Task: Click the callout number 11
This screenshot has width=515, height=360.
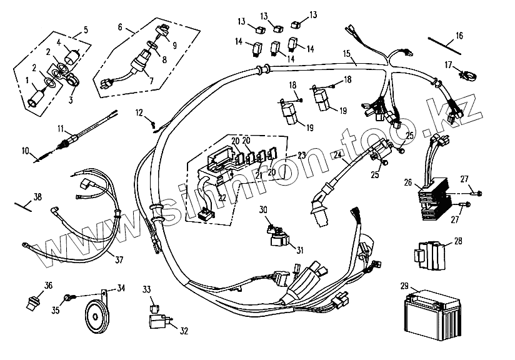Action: click(61, 129)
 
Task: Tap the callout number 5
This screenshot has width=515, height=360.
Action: click(85, 29)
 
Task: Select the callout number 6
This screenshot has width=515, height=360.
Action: click(121, 27)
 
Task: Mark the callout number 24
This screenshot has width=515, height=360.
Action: click(337, 155)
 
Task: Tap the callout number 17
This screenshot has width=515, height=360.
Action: click(448, 64)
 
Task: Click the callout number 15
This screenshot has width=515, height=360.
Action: click(346, 54)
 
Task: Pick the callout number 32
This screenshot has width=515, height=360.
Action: click(183, 331)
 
